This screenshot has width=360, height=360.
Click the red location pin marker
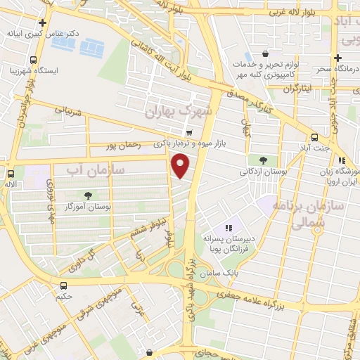click(x=181, y=165)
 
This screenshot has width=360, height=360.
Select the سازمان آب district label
click(x=96, y=170)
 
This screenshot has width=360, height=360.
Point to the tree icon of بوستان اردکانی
click(x=263, y=160)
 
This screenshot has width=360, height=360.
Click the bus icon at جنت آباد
click(x=314, y=138)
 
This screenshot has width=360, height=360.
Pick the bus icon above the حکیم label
click(x=64, y=285)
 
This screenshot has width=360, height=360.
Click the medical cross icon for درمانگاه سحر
click(x=337, y=58)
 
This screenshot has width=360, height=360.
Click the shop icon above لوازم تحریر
click(x=264, y=53)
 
